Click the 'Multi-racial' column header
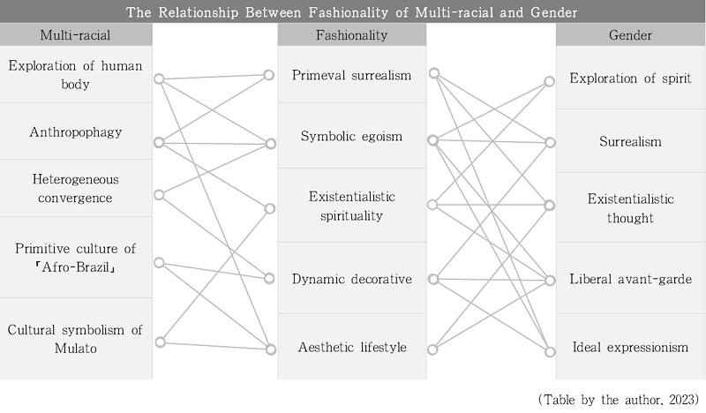tap(75, 35)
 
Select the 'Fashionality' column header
tap(351, 35)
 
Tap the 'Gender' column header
tap(630, 35)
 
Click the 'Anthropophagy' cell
tap(76, 132)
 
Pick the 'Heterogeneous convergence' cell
tap(76, 188)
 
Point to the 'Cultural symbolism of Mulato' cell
tap(76, 339)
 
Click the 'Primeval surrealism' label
tap(351, 75)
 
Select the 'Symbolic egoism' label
tap(351, 136)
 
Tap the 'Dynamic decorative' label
tap(351, 279)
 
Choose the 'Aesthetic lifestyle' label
tap(352, 347)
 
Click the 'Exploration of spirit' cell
tap(630, 78)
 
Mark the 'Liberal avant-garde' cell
tap(630, 279)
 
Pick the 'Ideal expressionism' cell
tap(630, 347)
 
